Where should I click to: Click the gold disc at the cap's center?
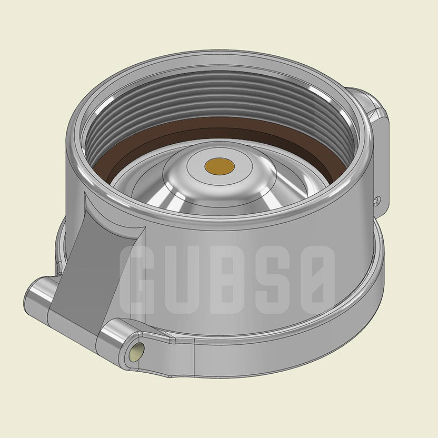[220, 166]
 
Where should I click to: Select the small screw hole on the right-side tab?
[377, 200]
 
